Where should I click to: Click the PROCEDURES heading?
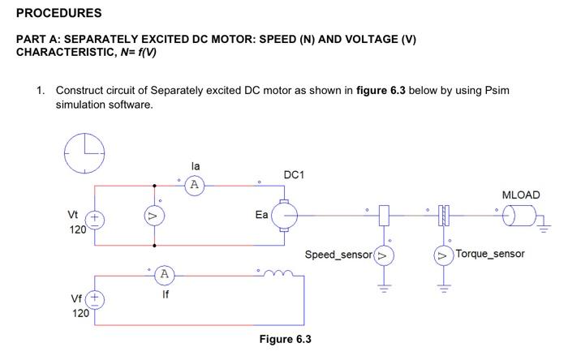(59, 13)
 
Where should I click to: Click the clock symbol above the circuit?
(84, 152)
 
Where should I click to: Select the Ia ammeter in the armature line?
(193, 185)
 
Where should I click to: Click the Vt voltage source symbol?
(95, 219)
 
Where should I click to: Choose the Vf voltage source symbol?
(95, 299)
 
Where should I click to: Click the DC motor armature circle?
(285, 215)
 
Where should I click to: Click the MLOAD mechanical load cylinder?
(520, 216)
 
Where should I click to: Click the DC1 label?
(294, 175)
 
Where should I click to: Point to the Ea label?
(261, 215)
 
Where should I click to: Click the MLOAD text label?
(520, 195)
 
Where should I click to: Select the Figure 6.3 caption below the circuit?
(285, 339)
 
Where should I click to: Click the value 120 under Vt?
(80, 230)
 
